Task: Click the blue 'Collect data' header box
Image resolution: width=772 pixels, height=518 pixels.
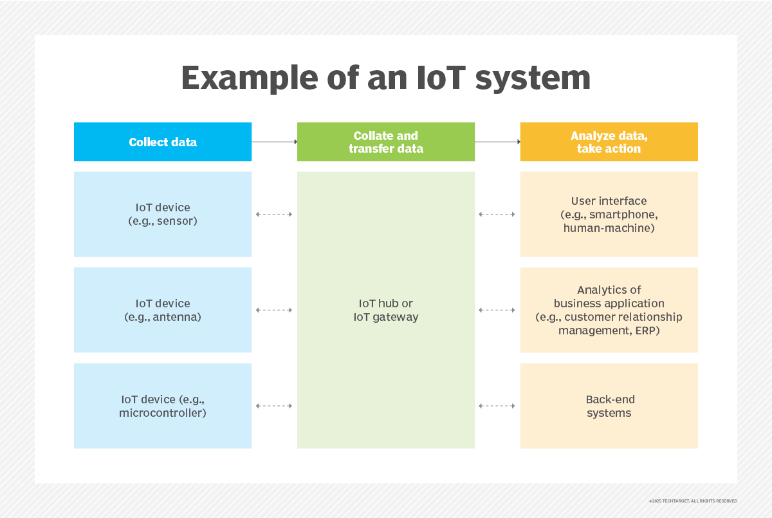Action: click(x=163, y=142)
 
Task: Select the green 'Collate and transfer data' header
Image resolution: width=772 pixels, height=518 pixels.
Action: click(x=386, y=142)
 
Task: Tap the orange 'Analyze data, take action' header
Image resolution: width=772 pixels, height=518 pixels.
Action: click(x=609, y=142)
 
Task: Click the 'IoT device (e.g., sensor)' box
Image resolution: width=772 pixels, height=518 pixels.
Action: click(x=163, y=214)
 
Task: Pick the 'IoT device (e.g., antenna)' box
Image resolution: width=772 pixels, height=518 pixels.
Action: click(x=163, y=310)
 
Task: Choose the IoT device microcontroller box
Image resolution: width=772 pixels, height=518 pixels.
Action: click(x=163, y=406)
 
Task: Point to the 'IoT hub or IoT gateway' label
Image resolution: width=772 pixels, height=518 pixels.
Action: click(x=386, y=310)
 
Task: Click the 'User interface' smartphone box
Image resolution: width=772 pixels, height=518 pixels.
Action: click(x=609, y=214)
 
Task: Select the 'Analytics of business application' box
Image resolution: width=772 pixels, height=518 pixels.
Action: click(x=609, y=310)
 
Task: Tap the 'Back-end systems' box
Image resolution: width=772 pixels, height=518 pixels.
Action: click(x=609, y=406)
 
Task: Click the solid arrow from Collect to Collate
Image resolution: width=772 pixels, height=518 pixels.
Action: click(x=274, y=142)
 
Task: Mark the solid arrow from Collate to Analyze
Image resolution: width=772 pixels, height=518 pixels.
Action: click(x=497, y=142)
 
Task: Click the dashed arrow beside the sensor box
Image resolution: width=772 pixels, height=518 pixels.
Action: click(x=274, y=214)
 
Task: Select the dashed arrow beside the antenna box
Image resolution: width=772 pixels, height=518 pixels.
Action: click(x=274, y=310)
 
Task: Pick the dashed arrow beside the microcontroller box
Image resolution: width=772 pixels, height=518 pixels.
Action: click(x=274, y=406)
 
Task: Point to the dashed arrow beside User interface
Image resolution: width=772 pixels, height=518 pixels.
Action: click(x=497, y=214)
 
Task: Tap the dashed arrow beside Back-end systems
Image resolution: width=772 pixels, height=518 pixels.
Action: click(x=497, y=406)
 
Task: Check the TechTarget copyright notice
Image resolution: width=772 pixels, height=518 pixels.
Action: click(x=693, y=501)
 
